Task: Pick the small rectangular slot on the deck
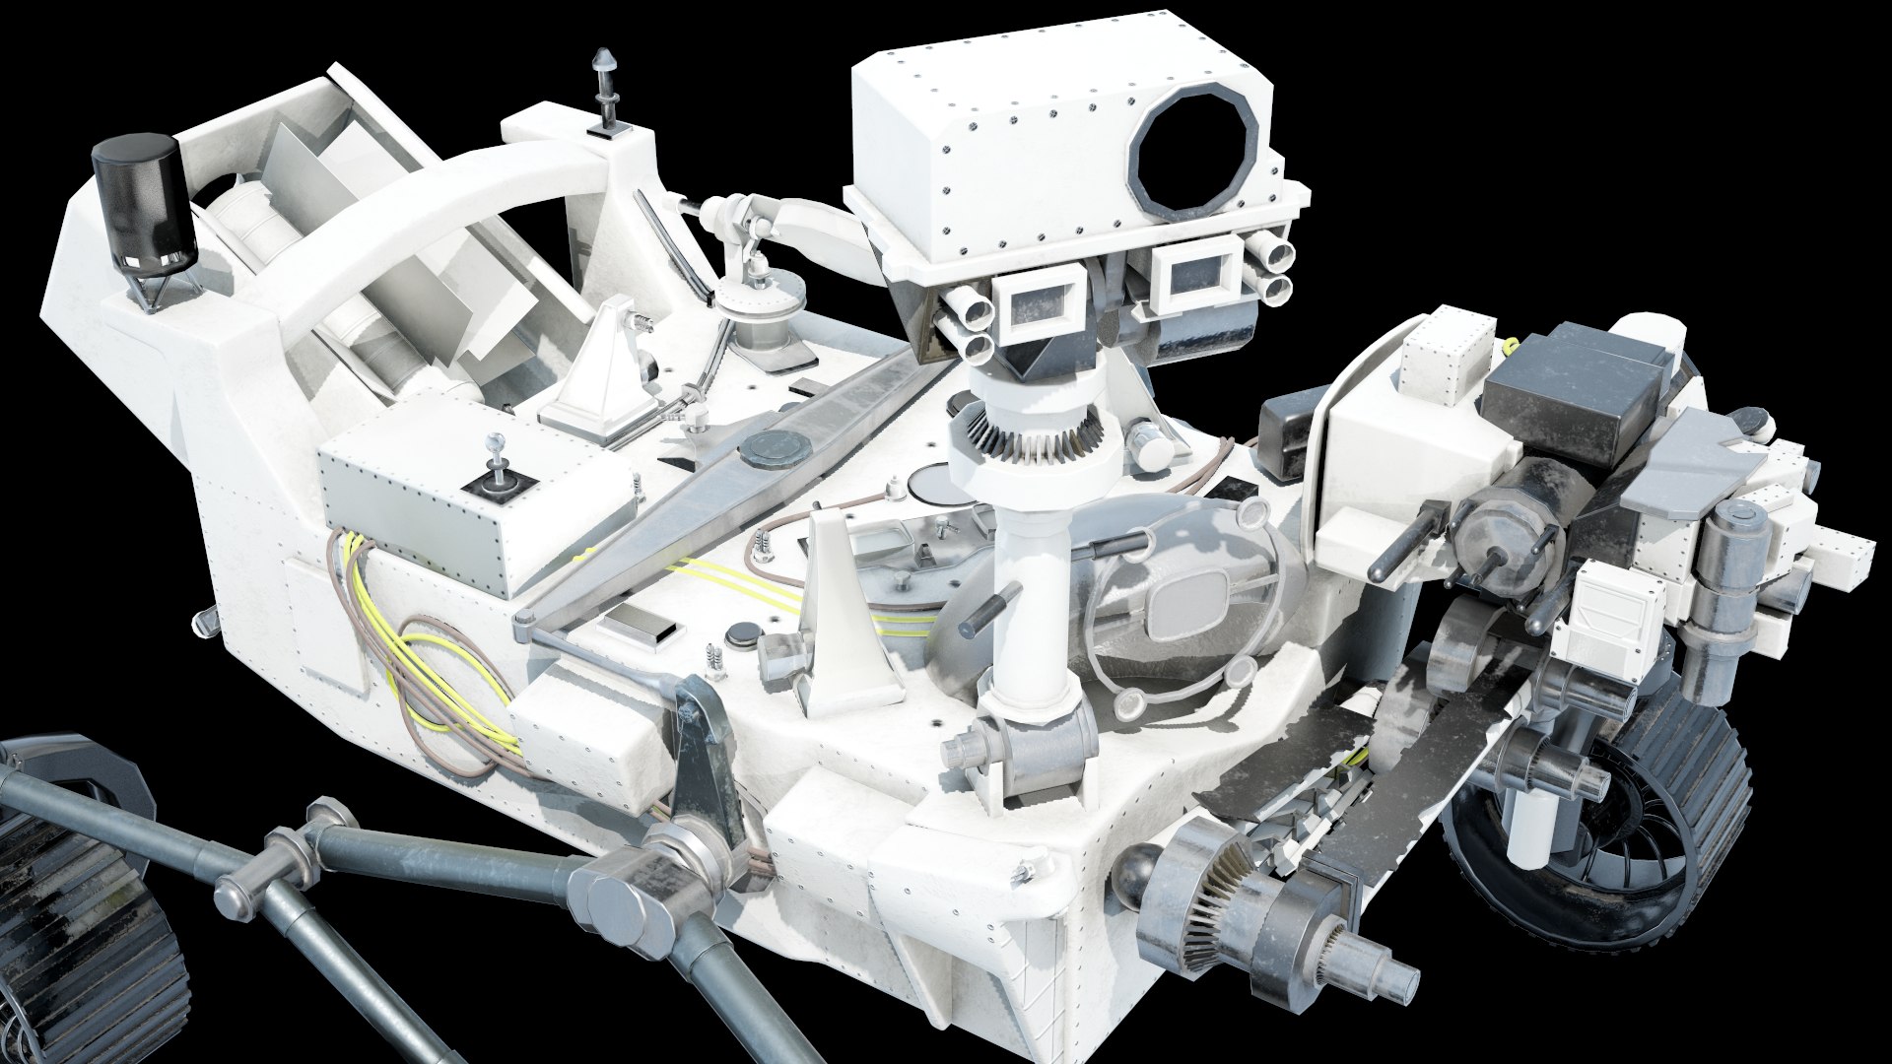coord(646,628)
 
